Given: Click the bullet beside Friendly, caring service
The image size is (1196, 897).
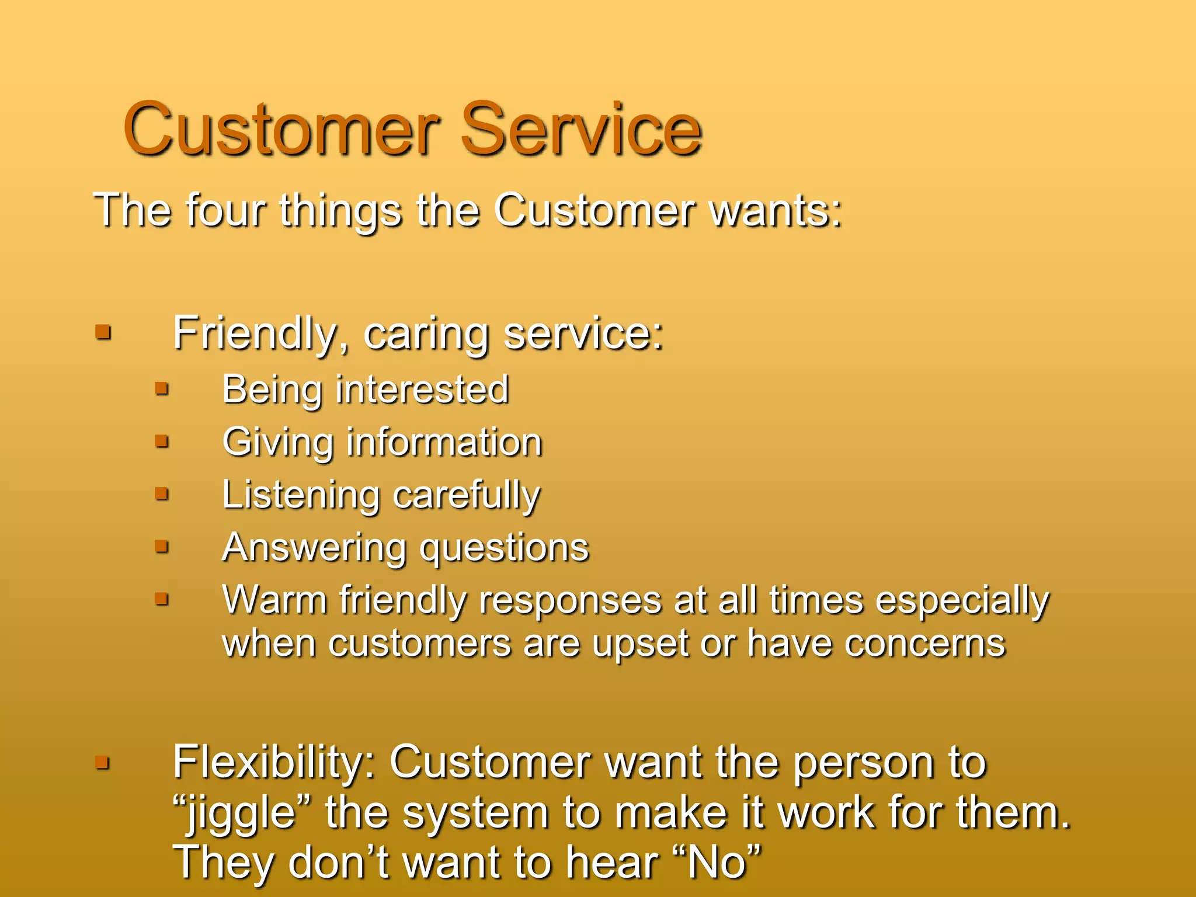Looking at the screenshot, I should point(103,333).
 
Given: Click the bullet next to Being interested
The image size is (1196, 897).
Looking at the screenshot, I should point(162,388).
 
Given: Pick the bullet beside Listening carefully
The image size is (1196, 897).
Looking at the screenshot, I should point(162,494).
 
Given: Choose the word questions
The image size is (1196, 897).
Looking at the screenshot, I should point(505,549).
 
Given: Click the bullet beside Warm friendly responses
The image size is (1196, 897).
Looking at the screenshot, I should point(162,599).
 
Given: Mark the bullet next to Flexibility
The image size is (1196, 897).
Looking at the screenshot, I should point(103,762).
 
